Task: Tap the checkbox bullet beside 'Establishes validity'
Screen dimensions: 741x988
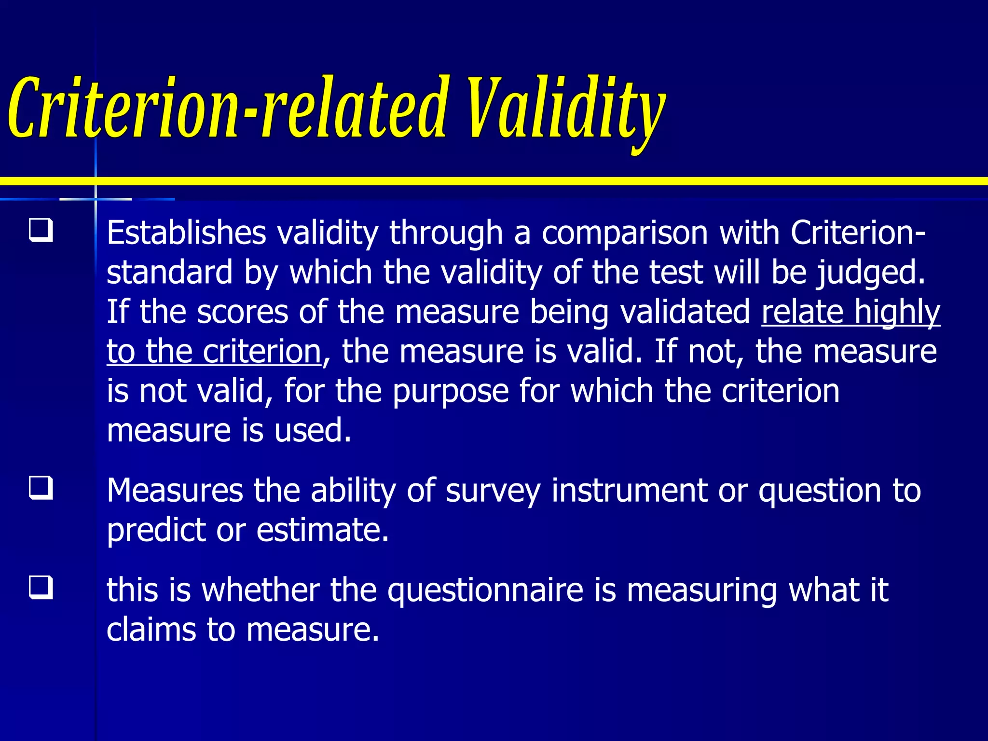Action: coord(41,230)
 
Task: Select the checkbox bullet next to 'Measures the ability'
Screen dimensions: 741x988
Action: coord(41,488)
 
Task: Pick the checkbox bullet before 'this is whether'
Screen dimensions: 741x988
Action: coord(41,587)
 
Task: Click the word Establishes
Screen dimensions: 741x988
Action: coord(186,233)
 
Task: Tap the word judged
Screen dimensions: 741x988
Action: coord(871,273)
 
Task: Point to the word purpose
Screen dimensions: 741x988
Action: coord(451,392)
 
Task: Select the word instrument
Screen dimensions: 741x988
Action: coord(629,491)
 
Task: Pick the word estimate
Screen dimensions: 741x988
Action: coord(322,530)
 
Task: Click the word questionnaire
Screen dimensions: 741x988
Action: coord(485,591)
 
